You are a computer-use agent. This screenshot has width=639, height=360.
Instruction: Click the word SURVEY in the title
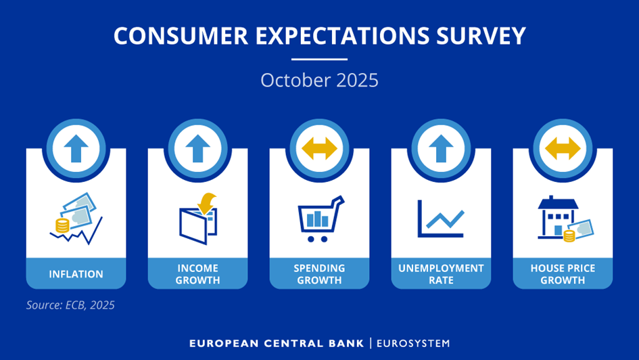click(481, 35)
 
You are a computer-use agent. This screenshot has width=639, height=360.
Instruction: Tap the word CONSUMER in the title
click(181, 35)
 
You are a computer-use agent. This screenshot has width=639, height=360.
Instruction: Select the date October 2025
click(319, 81)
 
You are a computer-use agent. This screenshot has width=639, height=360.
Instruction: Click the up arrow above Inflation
click(76, 148)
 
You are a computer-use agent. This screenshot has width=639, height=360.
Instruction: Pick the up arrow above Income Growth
click(197, 148)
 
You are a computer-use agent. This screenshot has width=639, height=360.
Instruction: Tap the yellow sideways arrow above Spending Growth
click(319, 148)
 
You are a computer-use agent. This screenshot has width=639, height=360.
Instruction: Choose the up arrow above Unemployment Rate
click(441, 148)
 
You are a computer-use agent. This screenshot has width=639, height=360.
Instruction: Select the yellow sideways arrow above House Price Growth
click(563, 148)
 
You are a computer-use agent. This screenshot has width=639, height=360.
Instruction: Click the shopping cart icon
click(321, 219)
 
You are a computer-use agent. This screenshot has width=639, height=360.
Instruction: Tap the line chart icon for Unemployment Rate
click(441, 219)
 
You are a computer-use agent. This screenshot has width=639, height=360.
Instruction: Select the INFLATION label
click(76, 274)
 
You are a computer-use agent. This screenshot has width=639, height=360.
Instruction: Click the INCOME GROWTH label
click(197, 274)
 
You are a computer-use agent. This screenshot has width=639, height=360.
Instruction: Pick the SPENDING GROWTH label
click(319, 274)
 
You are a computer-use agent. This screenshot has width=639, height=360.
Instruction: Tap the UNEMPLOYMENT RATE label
click(441, 274)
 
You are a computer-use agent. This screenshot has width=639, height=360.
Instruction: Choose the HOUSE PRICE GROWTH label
click(563, 274)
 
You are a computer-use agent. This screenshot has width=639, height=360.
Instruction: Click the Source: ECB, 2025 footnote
click(70, 305)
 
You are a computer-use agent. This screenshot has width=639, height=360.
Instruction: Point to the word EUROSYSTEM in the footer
click(413, 343)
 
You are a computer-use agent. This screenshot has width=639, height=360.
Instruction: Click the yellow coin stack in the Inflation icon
click(62, 225)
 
